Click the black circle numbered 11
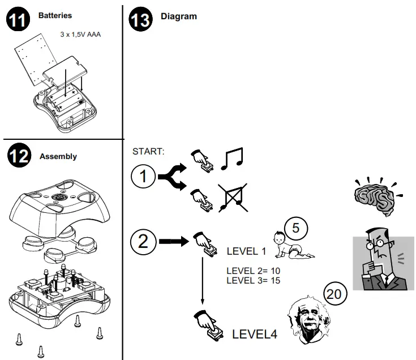point(19,20)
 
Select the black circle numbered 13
point(141,20)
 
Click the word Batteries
point(55,16)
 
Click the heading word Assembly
point(58,156)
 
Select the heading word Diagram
point(179,16)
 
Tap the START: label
point(148,151)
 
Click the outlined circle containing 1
point(143,177)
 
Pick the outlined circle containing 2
point(143,242)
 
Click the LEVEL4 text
point(255,334)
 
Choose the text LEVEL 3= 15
point(254,280)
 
